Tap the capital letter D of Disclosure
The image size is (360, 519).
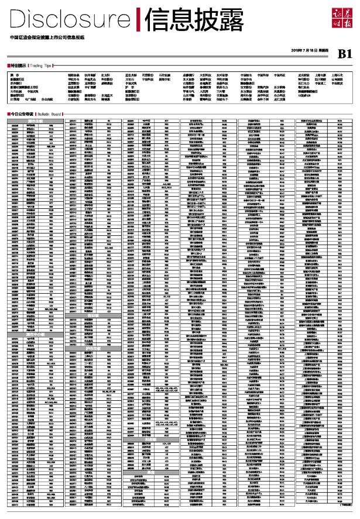pyautogui.click(x=18, y=20)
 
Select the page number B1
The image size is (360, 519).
pyautogui.click(x=344, y=54)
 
